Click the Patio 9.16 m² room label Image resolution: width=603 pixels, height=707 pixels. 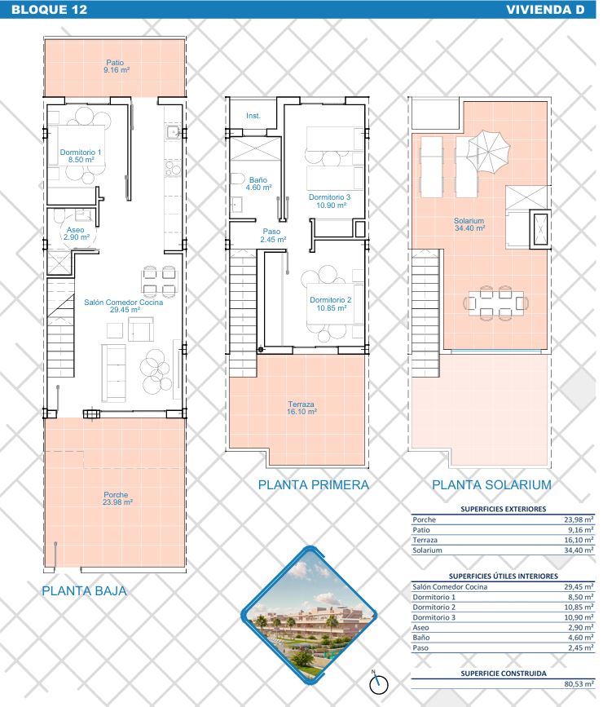(116, 66)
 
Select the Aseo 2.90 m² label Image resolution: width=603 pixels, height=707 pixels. (76, 233)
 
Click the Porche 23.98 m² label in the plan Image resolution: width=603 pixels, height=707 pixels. (117, 498)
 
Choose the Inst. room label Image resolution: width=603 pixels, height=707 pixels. (253, 116)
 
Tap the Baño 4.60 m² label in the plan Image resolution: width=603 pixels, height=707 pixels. (258, 183)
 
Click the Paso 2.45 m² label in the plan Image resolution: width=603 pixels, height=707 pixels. (273, 236)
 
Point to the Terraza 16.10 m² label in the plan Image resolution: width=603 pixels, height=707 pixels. (301, 408)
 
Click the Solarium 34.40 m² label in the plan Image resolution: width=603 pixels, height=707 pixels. (469, 224)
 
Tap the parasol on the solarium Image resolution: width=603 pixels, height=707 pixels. (489, 151)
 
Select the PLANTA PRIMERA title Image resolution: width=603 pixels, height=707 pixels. (313, 485)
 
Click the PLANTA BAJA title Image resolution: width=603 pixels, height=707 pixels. (84, 591)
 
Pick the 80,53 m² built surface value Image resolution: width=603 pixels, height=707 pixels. (579, 684)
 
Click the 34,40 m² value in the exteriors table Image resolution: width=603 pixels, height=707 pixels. (579, 550)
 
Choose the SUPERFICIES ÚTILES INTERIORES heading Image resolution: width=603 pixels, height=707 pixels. (503, 577)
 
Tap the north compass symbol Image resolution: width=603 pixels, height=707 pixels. (379, 683)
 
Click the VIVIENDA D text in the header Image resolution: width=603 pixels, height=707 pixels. (545, 10)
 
